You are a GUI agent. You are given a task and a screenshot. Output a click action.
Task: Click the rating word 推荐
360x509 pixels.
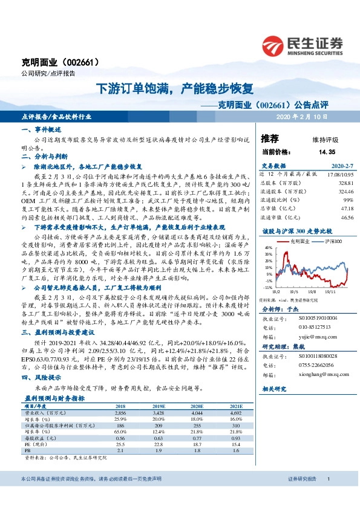[269, 138]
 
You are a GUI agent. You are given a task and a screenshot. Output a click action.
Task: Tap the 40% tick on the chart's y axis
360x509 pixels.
[265, 248]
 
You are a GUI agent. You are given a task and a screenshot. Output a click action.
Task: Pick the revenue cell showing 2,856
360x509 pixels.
[120, 429]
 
